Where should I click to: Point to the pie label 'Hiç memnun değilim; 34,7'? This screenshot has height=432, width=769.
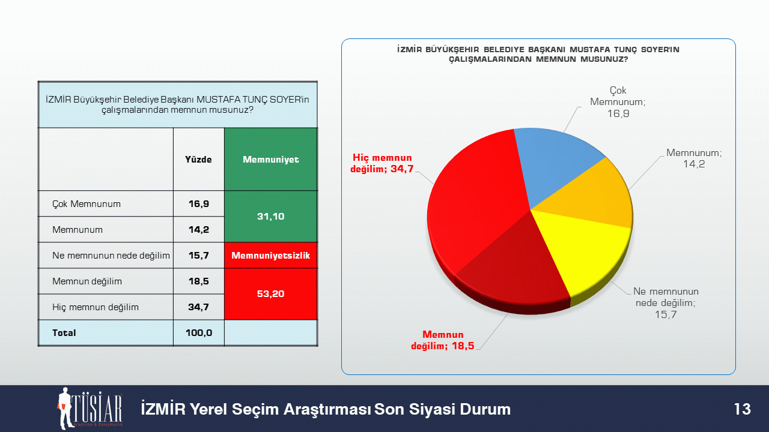(381, 163)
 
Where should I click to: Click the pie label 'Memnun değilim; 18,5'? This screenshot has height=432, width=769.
(443, 340)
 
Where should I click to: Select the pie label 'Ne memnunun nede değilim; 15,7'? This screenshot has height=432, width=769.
(666, 303)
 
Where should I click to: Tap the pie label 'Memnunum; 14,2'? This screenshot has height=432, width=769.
(694, 158)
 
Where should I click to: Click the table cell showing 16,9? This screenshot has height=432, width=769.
(199, 203)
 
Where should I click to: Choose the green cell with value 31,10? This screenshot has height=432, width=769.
(271, 217)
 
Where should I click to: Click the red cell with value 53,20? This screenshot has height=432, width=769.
(271, 294)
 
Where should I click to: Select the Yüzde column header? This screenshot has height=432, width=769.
(198, 160)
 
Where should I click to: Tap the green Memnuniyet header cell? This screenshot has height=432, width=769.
(271, 160)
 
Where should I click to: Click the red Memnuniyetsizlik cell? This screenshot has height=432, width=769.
(271, 256)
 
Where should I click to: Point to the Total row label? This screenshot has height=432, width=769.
(64, 333)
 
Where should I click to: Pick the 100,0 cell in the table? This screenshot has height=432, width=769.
(199, 333)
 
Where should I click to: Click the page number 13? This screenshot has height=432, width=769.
(742, 409)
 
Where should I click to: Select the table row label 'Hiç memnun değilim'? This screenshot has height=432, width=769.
(96, 307)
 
